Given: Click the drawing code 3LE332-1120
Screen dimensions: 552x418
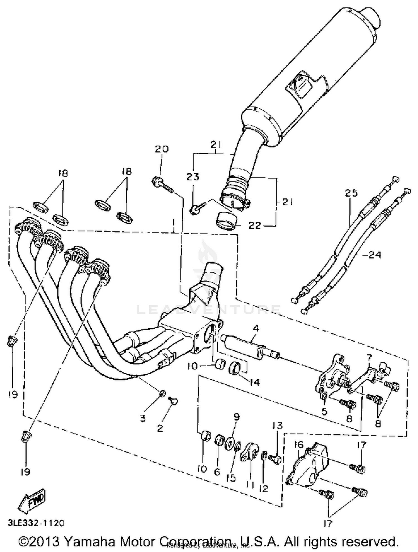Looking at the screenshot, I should [x=36, y=523].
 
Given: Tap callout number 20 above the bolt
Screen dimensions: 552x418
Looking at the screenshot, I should [x=162, y=149].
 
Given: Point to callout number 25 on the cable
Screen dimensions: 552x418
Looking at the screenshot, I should [x=351, y=193].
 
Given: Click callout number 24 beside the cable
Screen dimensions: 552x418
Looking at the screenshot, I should [x=375, y=255].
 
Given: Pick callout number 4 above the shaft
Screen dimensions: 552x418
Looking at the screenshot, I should [x=256, y=329].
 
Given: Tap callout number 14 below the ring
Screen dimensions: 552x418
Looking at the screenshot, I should [x=254, y=382].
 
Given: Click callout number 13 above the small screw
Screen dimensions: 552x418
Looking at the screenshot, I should [x=277, y=425].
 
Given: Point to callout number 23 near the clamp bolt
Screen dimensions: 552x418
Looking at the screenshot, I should [x=193, y=177].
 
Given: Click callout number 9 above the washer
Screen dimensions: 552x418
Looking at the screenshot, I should [x=236, y=417].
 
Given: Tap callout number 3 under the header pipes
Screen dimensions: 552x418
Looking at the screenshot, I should [x=143, y=418].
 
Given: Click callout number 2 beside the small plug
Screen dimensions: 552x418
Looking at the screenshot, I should [x=160, y=428].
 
